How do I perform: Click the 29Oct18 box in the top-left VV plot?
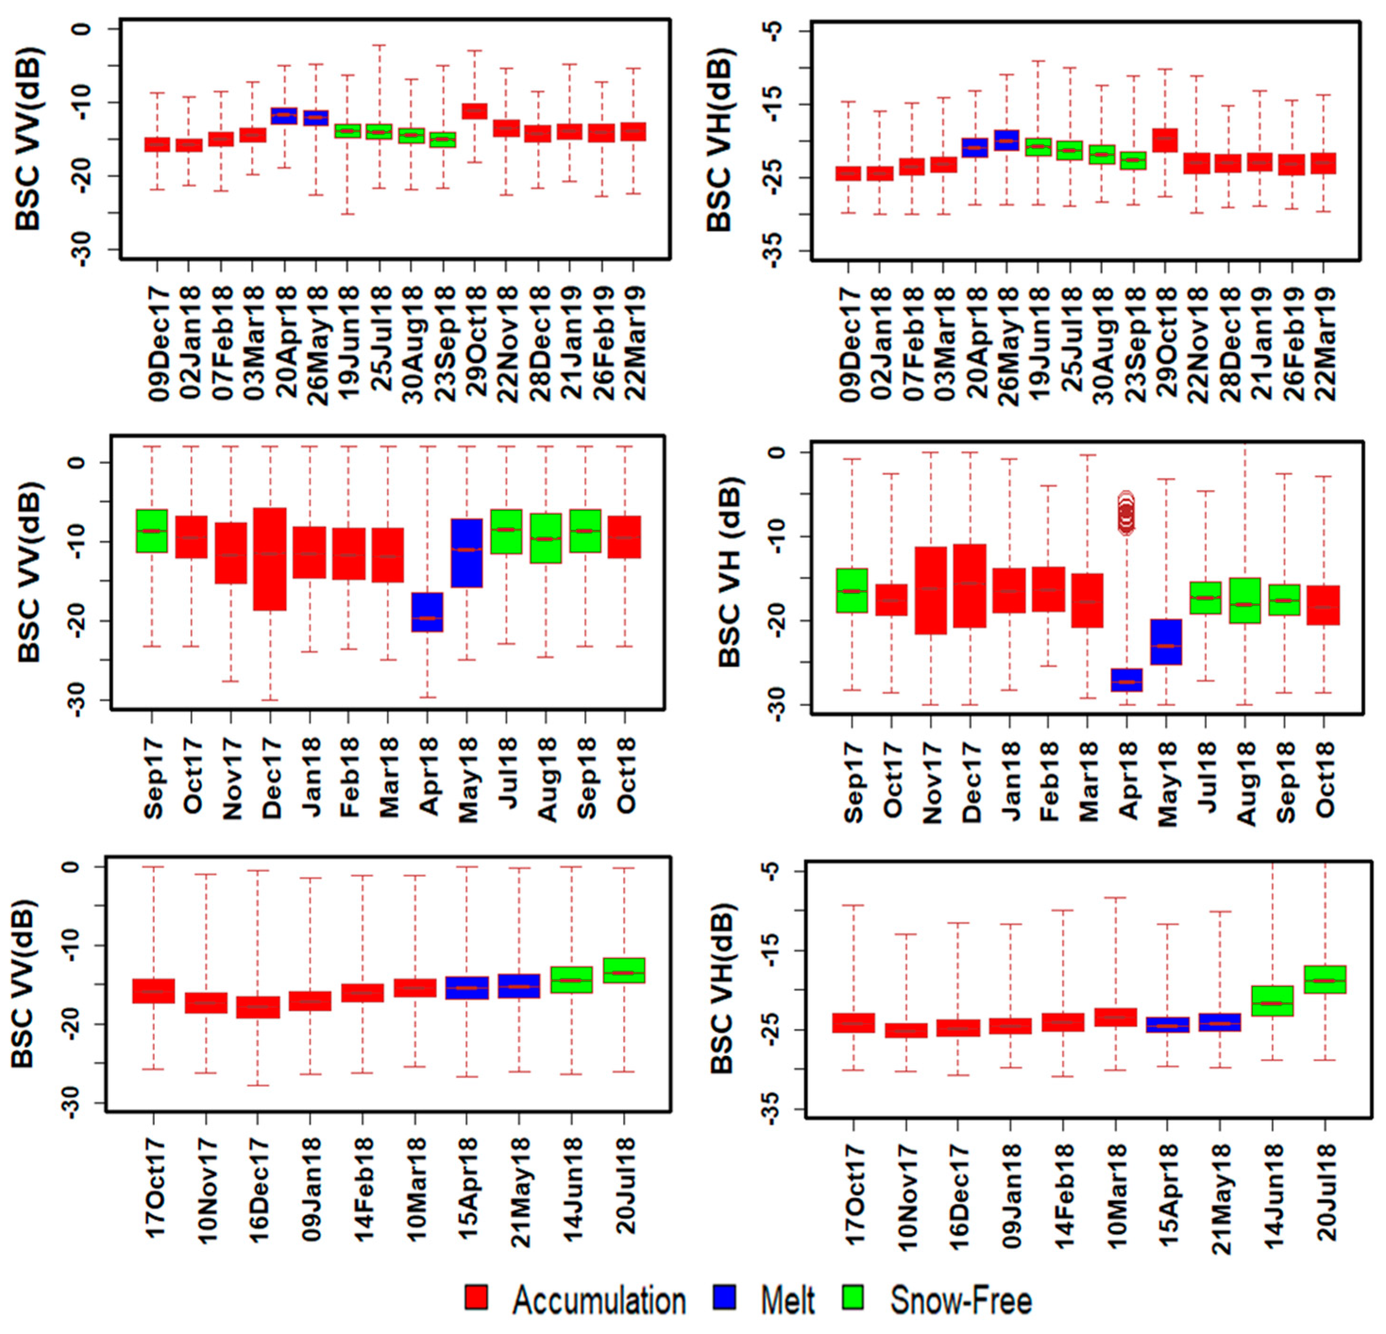pos(474,111)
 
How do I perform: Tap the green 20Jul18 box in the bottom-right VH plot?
pos(1325,979)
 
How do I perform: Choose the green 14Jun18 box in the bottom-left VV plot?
pos(571,980)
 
